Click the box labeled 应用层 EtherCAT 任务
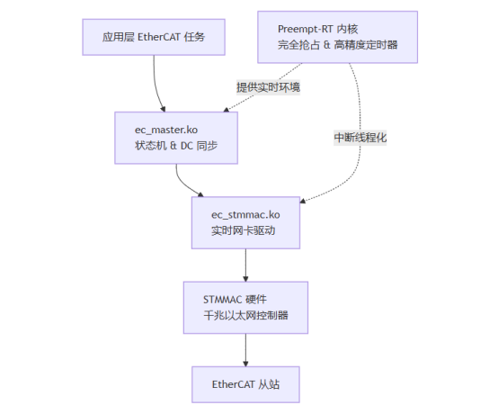[154, 37]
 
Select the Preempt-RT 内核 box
[337, 37]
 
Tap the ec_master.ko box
[176, 138]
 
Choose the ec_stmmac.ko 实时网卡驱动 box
[245, 222]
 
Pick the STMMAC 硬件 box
[245, 308]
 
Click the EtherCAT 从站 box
[245, 384]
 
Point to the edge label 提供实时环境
[268, 87]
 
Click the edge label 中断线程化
[360, 138]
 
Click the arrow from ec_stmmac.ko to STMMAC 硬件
[245, 265]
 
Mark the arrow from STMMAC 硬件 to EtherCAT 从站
[245, 350]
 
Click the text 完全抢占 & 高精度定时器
[337, 45]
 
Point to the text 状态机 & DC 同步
[176, 146]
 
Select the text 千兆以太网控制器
[245, 315]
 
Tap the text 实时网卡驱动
[243, 230]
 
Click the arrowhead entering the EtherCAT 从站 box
[245, 364]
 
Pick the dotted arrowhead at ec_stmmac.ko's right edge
[303, 201]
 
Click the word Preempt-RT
[305, 30]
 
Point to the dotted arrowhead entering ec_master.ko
[227, 110]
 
